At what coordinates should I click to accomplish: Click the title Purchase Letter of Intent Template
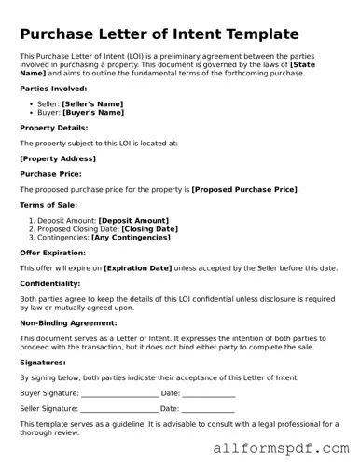pyautogui.click(x=159, y=34)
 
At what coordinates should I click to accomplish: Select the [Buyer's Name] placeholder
pyautogui.click(x=92, y=112)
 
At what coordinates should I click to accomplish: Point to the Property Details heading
pyautogui.click(x=54, y=127)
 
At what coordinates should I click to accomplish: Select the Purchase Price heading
pyautogui.click(x=50, y=173)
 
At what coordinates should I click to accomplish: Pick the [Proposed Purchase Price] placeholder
pyautogui.click(x=244, y=189)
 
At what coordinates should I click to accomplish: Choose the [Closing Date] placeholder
pyautogui.click(x=149, y=228)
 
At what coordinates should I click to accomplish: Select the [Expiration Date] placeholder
pyautogui.click(x=138, y=268)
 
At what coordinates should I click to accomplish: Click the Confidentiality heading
pyautogui.click(x=50, y=283)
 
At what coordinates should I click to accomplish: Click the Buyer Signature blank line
pyautogui.click(x=119, y=394)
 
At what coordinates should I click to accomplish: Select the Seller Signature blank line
pyautogui.click(x=120, y=408)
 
